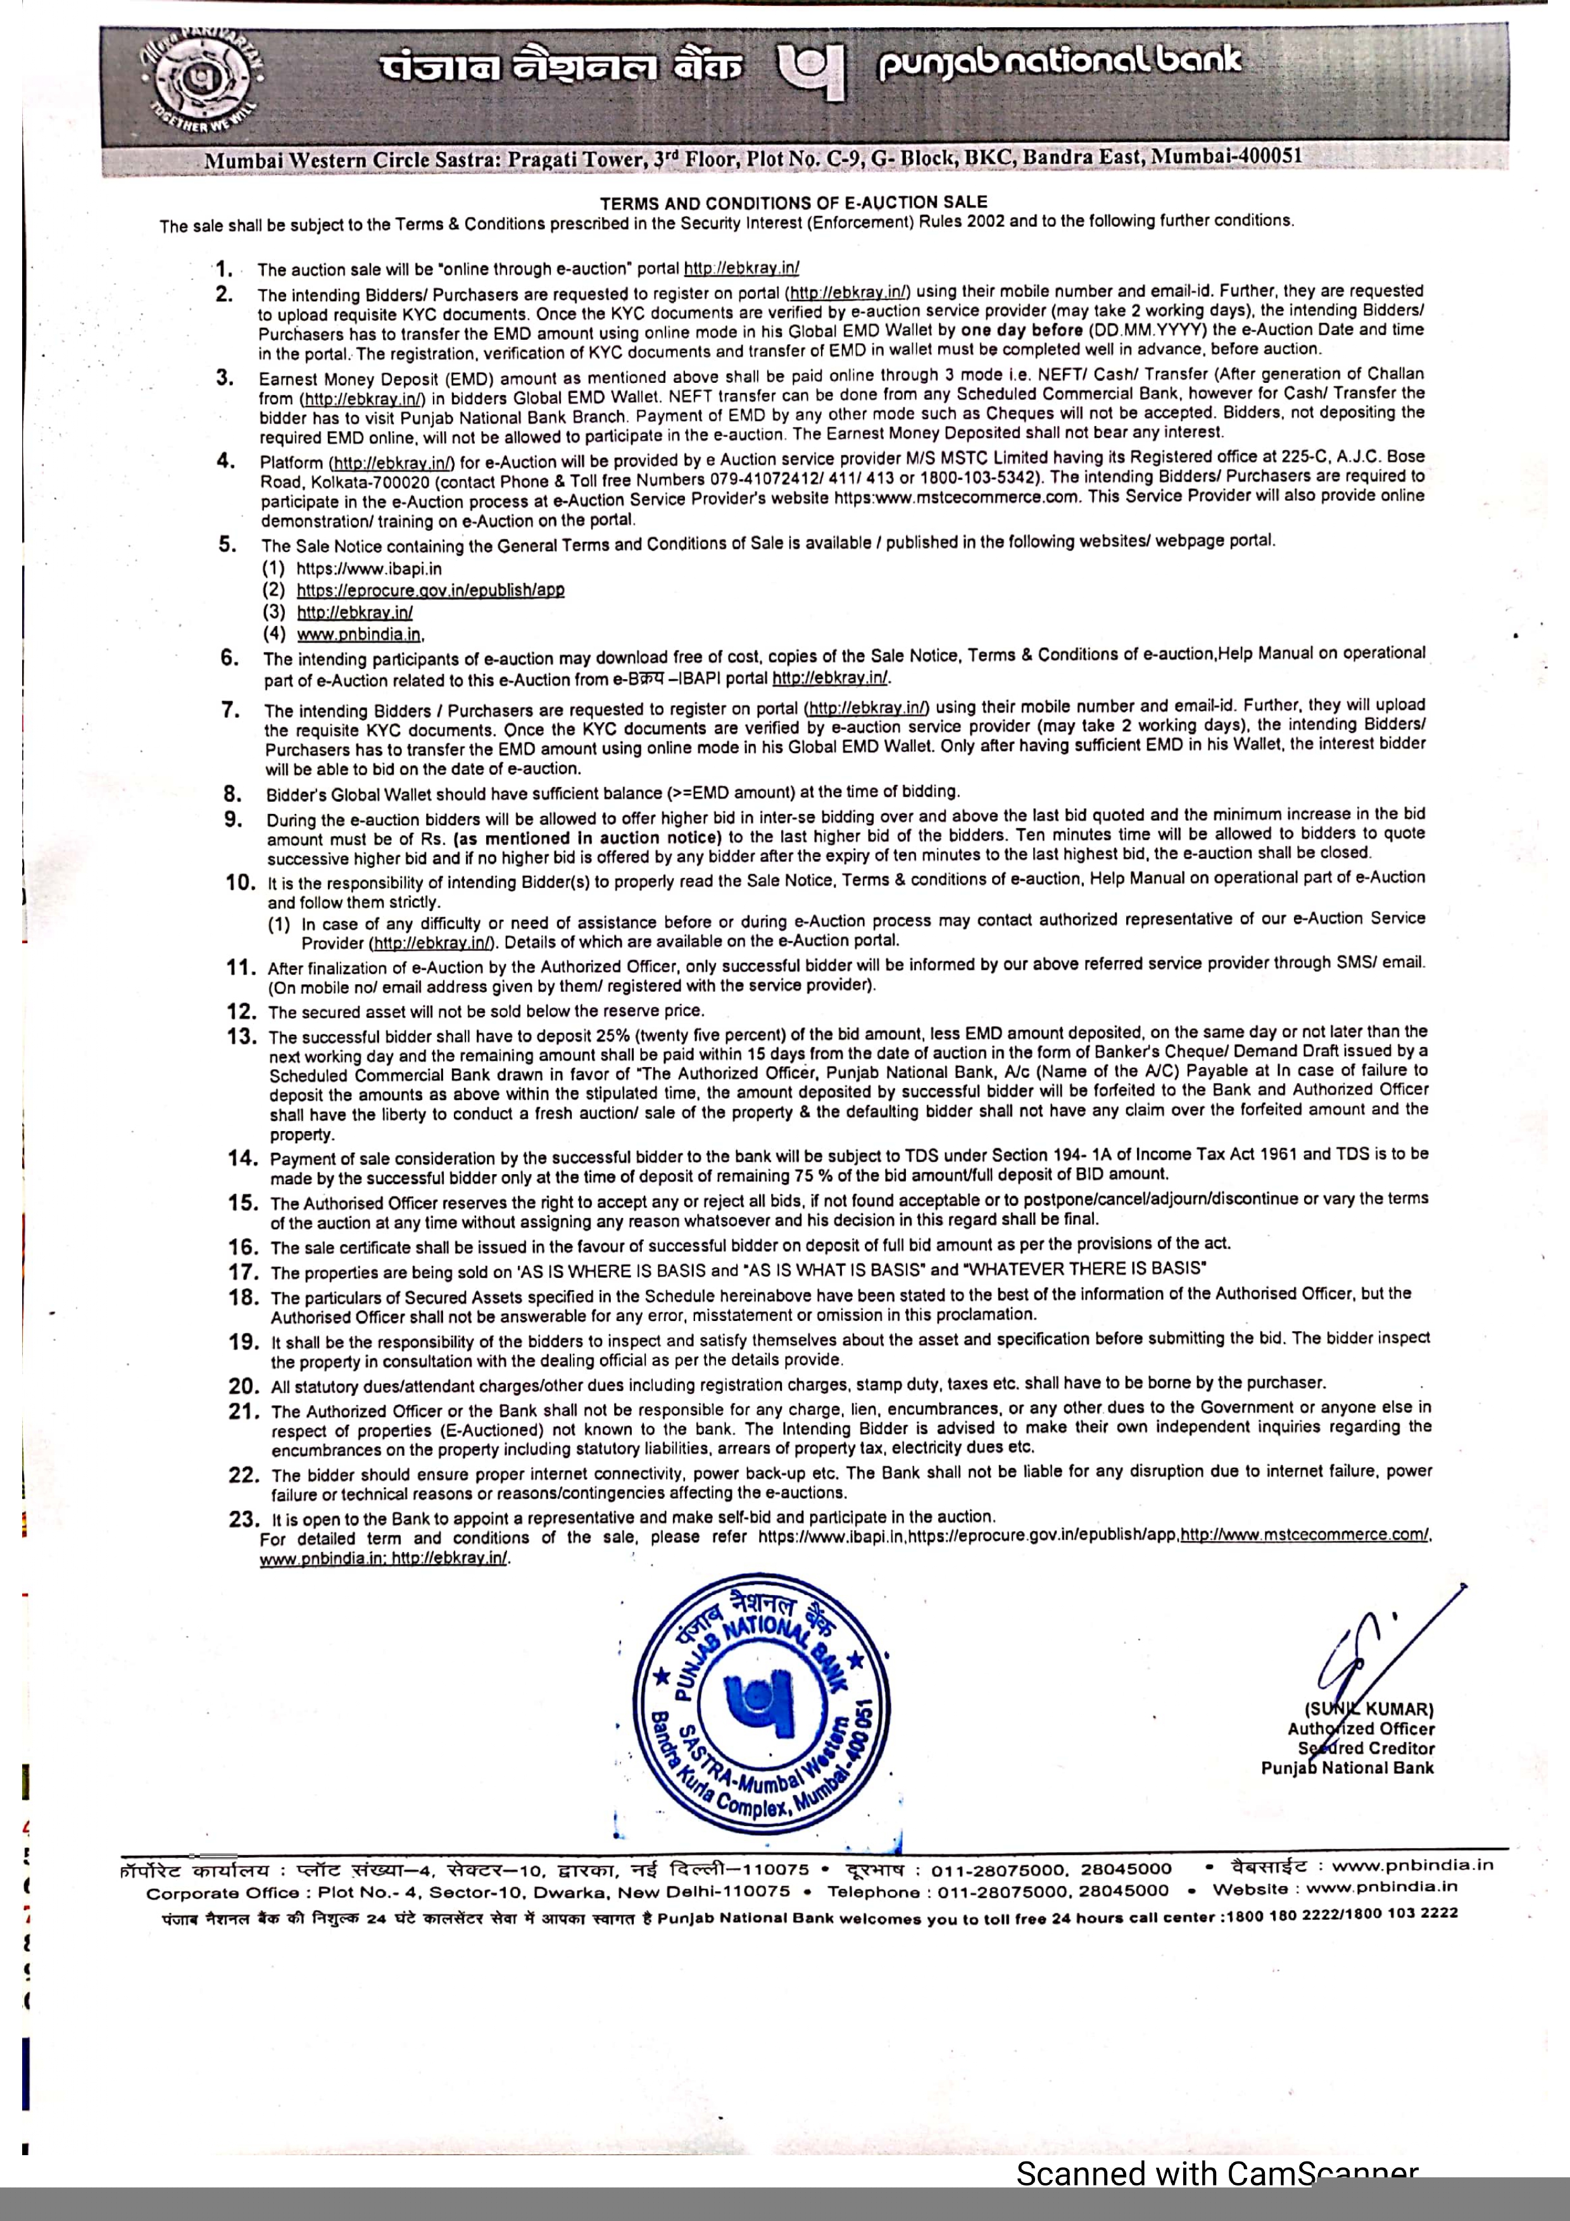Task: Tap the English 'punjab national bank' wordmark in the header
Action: (x=1058, y=64)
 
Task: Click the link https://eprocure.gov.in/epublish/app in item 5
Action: (x=430, y=590)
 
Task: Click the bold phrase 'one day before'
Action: (x=1022, y=330)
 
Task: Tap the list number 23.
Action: (x=244, y=1518)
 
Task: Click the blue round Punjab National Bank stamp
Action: (x=762, y=1705)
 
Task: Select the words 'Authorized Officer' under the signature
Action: (x=1360, y=1729)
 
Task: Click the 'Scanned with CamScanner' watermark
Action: (x=1216, y=2174)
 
